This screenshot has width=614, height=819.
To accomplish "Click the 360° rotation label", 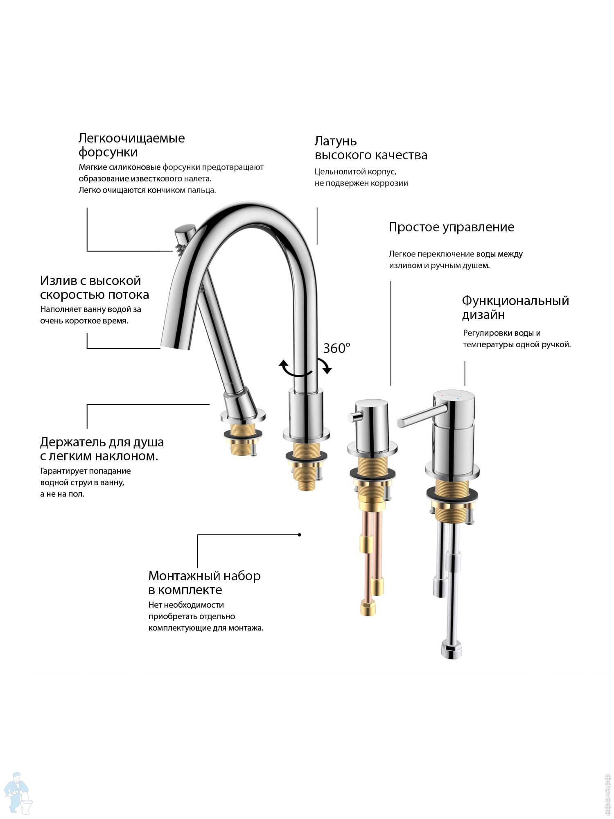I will click(x=336, y=348).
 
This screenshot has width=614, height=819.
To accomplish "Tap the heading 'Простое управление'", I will click(x=451, y=227).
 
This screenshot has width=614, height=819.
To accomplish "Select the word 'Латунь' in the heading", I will click(x=335, y=141).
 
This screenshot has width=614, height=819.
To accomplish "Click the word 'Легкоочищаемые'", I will click(x=131, y=138).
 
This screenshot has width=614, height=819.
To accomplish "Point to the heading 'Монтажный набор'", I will click(x=204, y=576).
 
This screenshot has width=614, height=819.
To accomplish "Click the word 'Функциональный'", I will click(x=515, y=301).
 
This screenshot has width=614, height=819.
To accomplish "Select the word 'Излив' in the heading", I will click(x=56, y=281).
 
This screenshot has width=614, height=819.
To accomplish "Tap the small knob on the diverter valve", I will click(x=354, y=417).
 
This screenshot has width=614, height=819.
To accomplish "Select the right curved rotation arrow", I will click(x=325, y=365).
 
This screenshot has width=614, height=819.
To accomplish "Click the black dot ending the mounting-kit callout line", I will click(x=300, y=535).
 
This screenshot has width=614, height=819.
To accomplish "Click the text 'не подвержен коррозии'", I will click(x=361, y=183).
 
